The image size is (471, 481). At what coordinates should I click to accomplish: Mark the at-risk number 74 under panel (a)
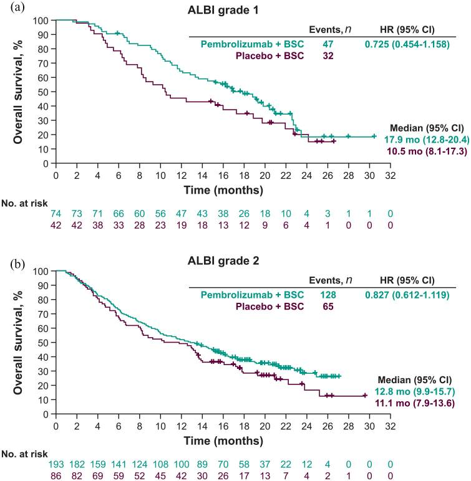tap(56, 213)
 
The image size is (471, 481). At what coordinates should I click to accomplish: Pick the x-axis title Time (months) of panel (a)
tap(223, 189)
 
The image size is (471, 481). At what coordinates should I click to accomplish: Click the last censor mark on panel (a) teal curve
tap(374, 136)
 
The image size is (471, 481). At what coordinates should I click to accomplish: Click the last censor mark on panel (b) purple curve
tap(366, 396)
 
